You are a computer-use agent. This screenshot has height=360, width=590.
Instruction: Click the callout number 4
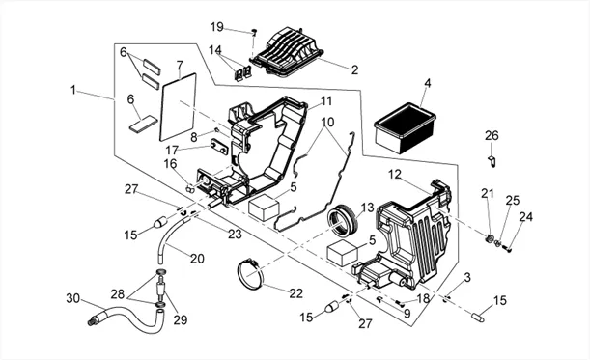click(x=428, y=83)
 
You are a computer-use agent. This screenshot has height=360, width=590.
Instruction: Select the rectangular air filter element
click(x=405, y=128)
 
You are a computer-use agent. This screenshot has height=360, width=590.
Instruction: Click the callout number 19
click(x=216, y=27)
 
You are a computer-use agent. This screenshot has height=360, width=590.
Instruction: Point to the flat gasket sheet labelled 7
click(x=178, y=107)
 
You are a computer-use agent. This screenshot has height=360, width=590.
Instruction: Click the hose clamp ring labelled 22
click(x=250, y=274)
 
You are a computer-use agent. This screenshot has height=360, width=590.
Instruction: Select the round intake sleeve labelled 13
click(x=344, y=220)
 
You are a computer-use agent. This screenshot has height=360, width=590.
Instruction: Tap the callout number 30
click(x=73, y=298)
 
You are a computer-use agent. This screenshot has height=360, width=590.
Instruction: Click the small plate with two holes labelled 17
click(x=219, y=147)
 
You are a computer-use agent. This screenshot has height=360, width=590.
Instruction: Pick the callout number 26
click(x=492, y=135)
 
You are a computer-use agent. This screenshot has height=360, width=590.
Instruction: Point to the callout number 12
click(x=395, y=174)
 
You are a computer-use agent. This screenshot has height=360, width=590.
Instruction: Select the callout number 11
click(x=326, y=100)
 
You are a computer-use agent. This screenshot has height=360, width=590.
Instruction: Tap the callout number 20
click(x=197, y=259)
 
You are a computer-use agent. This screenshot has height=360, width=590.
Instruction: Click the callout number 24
click(x=525, y=217)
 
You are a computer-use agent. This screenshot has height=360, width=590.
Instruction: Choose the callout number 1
click(x=73, y=90)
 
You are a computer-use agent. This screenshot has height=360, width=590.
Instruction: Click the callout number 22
click(x=296, y=293)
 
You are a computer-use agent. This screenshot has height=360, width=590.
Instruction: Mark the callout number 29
click(x=181, y=319)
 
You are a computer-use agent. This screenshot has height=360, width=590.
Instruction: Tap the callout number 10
click(x=327, y=122)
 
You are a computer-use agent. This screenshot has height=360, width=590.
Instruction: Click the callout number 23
click(x=235, y=234)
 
